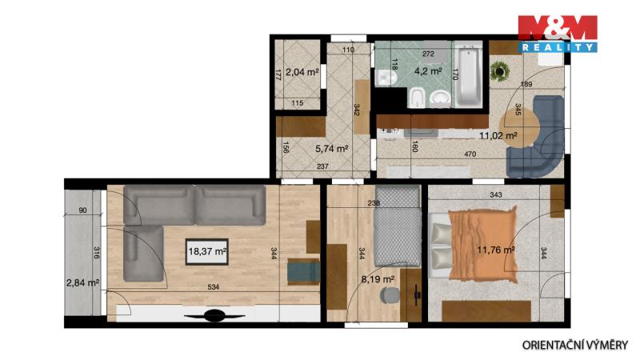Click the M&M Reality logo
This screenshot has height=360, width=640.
coord(558,34)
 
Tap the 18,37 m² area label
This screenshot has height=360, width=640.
coord(207,251)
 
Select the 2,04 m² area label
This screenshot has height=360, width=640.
coord(302,72)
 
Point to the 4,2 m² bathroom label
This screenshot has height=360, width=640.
coord(428,71)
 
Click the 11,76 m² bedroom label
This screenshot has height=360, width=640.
coord(496,250)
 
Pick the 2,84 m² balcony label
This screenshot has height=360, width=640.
coord(83,282)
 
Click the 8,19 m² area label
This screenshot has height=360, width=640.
coord(378,279)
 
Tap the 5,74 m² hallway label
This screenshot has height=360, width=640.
coord(332,149)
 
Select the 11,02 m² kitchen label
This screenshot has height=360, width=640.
coord(498,135)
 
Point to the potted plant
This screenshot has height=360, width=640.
coord(499,71)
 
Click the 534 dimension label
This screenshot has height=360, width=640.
coord(213,287)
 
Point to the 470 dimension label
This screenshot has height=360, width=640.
coord(470,154)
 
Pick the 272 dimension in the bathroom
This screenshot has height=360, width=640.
coord(428,54)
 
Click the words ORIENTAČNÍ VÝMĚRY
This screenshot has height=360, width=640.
coord(575,345)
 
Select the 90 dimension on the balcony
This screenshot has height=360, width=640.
coord(82,210)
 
